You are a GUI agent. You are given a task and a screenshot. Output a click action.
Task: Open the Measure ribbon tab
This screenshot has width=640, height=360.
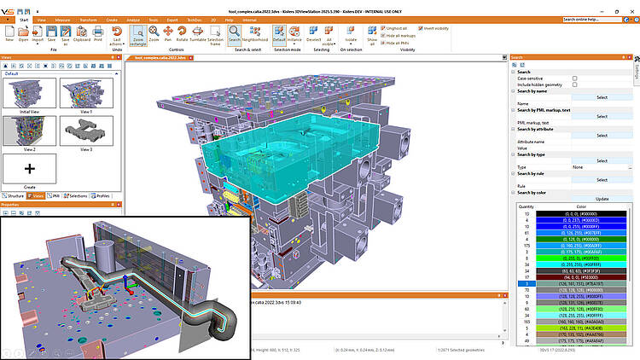(x=62, y=18)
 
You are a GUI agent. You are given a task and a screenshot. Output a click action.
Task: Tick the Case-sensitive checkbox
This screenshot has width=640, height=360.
(x=575, y=78)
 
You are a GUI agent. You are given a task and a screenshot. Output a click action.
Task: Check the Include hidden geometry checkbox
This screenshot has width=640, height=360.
(x=575, y=84)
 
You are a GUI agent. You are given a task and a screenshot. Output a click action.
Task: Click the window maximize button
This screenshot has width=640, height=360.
(x=619, y=4)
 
